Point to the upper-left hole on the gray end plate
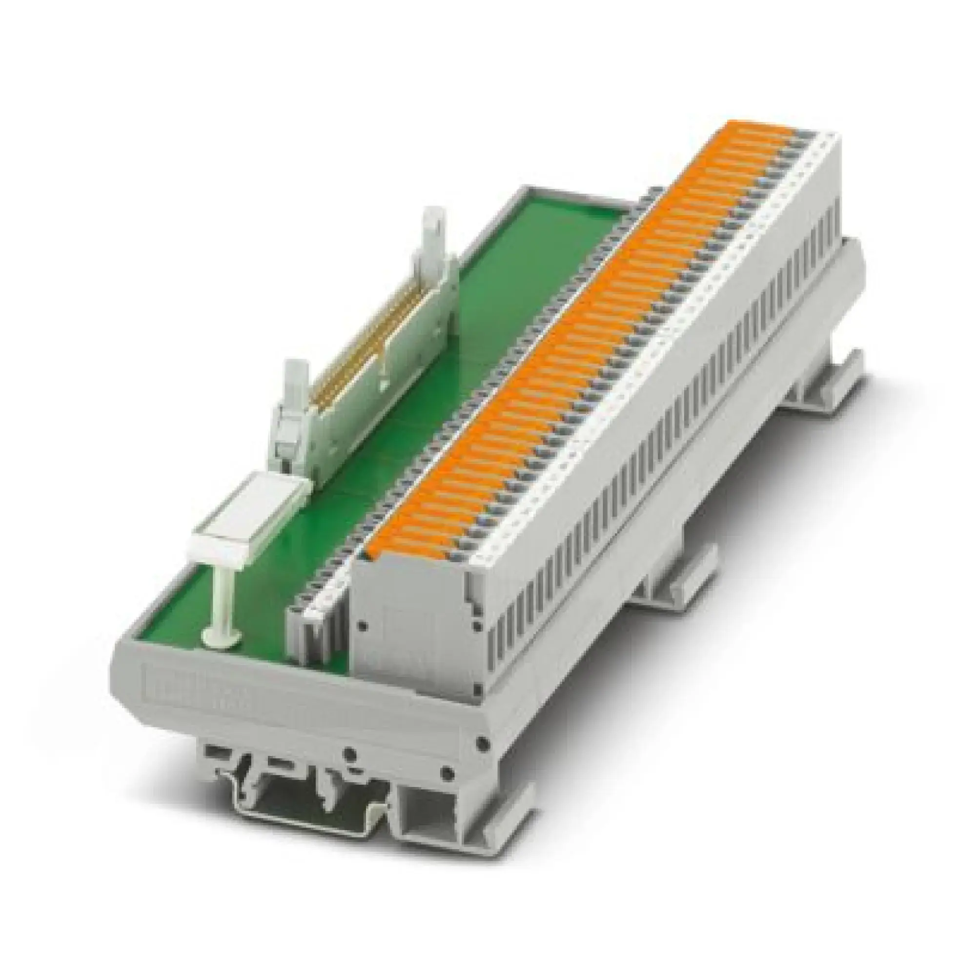point(362,598)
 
